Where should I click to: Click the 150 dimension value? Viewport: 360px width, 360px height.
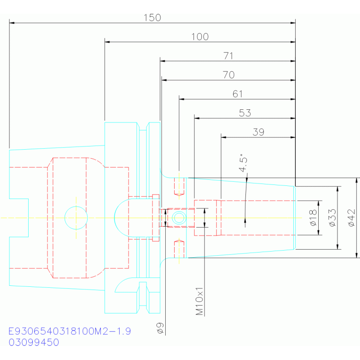152,18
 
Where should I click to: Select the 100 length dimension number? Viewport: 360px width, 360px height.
200,37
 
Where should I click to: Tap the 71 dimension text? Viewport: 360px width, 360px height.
228,56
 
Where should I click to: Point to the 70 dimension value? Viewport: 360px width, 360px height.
229,75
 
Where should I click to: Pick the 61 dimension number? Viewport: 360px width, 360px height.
237,94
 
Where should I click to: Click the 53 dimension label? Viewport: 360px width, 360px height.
245,113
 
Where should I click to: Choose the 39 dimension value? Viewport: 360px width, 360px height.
258,132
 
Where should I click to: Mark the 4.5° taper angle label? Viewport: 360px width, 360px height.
243,163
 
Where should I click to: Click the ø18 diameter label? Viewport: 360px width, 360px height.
314,218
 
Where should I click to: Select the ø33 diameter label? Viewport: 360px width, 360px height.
332,218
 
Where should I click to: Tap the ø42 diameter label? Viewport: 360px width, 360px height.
352,218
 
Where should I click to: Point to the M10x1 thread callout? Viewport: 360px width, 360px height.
199,301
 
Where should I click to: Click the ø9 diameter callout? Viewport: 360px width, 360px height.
160,328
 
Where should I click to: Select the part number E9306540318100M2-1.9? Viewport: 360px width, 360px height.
69,331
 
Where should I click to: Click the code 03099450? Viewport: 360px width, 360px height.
34,342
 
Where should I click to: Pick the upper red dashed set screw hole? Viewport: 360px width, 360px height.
179,186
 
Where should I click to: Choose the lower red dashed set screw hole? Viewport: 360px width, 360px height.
179,249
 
